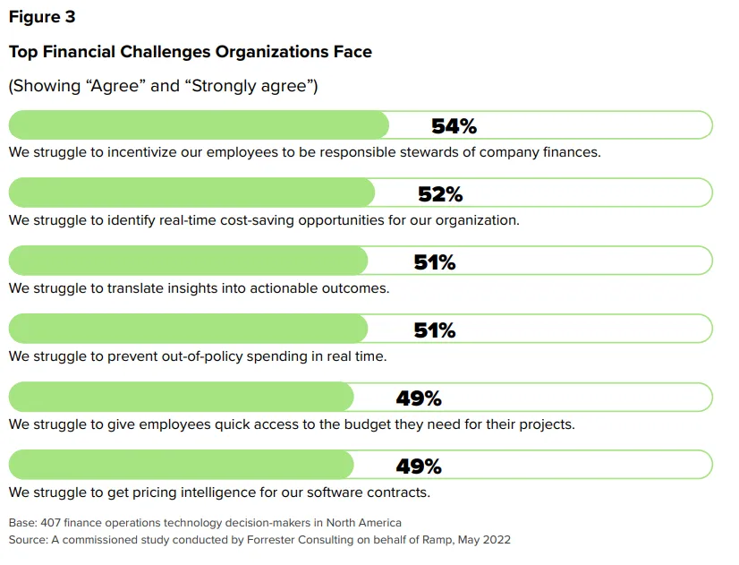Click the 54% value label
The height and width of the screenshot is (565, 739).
coord(454,126)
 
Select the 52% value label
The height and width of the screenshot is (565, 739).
coord(440,194)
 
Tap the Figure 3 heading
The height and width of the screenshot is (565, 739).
coord(42,18)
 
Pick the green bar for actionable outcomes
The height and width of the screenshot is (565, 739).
coord(188,261)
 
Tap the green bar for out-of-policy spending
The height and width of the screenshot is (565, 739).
coord(188,330)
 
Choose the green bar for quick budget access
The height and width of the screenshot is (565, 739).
coord(181,398)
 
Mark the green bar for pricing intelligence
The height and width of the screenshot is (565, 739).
coord(181,466)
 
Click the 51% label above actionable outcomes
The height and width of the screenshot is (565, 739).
coord(435,262)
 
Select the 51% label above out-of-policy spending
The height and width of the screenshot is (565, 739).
coord(435,330)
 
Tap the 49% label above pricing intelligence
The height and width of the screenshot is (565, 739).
coord(419,467)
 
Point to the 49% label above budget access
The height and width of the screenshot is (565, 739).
coord(419,398)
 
